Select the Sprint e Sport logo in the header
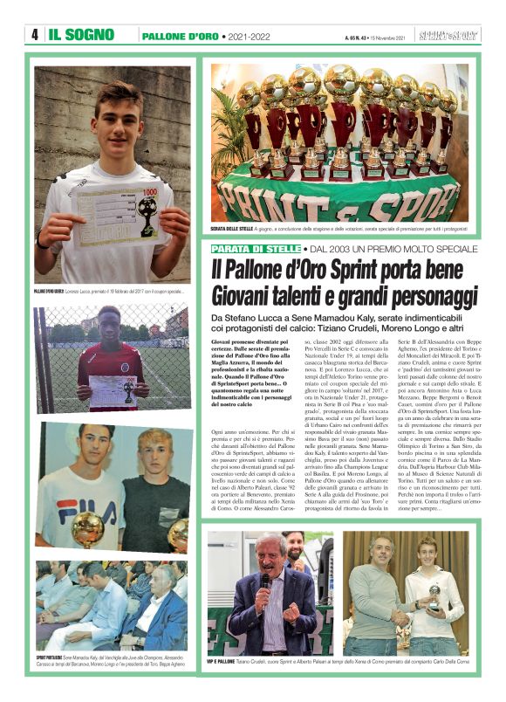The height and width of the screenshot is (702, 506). (448, 35)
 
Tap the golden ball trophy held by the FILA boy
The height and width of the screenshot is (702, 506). (86, 529)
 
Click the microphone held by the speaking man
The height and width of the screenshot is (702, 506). (265, 582)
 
